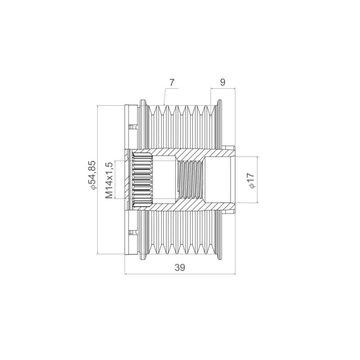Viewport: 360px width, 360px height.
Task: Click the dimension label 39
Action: click(x=180, y=267)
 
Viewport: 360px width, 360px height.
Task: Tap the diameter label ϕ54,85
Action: click(x=91, y=175)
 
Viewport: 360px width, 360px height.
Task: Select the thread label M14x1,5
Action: click(x=109, y=180)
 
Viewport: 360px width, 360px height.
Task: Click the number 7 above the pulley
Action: click(x=172, y=82)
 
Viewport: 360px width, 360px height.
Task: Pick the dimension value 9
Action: click(x=223, y=82)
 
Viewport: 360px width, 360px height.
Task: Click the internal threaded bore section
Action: click(x=190, y=180)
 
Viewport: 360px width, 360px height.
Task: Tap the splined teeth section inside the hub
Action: click(x=143, y=180)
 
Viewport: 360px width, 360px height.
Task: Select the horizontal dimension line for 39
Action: click(x=180, y=274)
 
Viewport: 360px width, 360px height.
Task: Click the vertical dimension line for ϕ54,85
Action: click(x=98, y=180)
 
